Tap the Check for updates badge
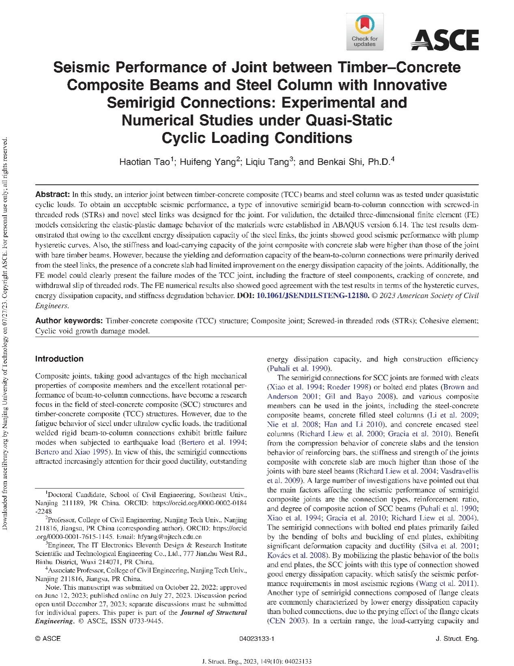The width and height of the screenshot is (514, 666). point(364,31)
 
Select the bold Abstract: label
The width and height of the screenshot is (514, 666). point(53,194)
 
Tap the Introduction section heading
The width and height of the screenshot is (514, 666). point(59,359)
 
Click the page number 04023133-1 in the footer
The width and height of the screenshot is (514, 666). point(257,639)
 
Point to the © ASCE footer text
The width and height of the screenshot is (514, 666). point(48,639)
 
